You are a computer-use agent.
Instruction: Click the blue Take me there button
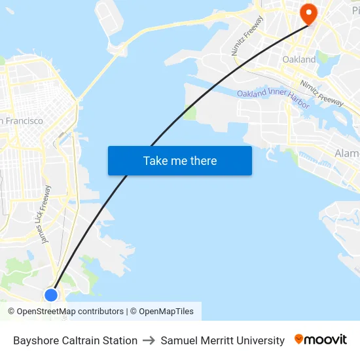179,160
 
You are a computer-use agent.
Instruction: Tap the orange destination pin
308,14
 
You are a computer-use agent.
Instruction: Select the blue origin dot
51,295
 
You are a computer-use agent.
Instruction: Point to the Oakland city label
298,60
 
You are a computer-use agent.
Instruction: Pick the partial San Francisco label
22,120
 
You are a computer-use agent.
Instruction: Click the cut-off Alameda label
346,153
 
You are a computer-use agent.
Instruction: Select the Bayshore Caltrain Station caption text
75,340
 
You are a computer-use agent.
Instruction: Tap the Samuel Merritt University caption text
223,340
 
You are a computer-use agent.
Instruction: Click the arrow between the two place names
149,340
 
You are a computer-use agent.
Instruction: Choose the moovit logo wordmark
326,340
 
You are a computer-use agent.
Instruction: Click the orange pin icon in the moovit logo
299,339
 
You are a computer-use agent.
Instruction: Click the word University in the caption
261,340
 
